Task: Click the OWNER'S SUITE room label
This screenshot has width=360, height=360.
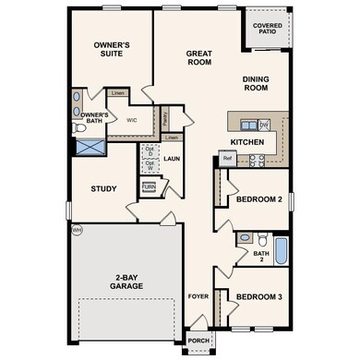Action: (x=112, y=50)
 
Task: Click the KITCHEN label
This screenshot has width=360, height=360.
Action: (x=235, y=142)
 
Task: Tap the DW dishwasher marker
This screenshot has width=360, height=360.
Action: (x=263, y=125)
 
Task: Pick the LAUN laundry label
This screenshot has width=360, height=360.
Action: (x=172, y=158)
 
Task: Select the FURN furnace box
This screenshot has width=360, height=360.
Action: (x=148, y=187)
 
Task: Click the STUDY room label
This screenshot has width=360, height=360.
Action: (x=103, y=189)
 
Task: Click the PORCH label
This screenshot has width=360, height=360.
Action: (x=199, y=340)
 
